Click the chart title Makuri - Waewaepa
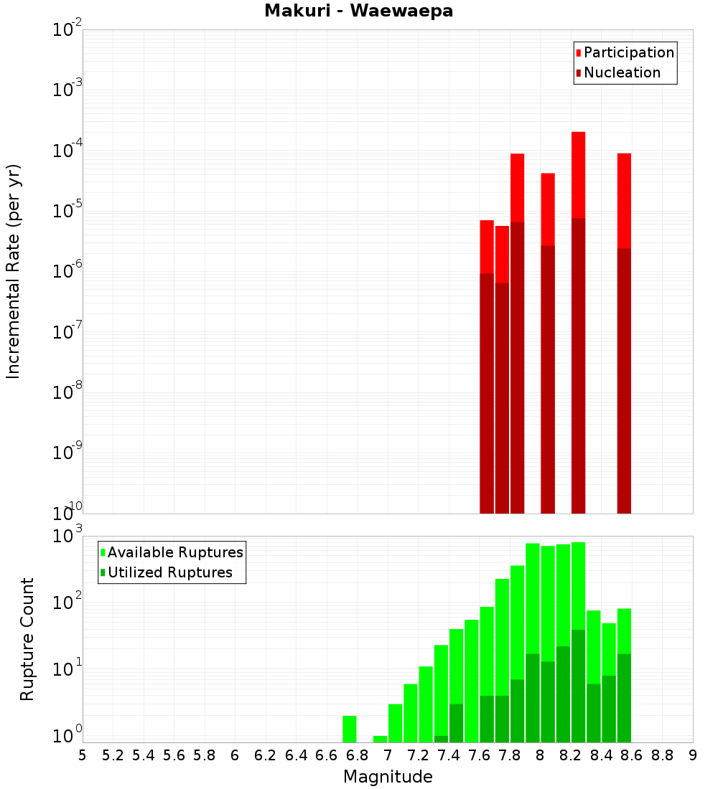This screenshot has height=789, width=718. coord(358,11)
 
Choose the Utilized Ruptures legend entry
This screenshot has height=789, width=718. coord(169,572)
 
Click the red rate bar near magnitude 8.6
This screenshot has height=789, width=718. coord(624,201)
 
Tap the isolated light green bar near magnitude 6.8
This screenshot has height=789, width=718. coord(350,729)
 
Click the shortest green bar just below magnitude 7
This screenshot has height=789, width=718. coord(380,739)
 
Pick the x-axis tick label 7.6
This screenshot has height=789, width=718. coord(480,755)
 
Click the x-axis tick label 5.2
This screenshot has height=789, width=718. coord(113,755)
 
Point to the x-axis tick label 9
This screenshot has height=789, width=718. coord(693,755)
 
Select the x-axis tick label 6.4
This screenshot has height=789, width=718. coord(297,755)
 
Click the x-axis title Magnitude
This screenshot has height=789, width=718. coord(388,777)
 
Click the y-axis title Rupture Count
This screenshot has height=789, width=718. coord(27,638)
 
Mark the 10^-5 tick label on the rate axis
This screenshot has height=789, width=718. coord(67,212)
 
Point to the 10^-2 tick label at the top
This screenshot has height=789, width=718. coord(67,30)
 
